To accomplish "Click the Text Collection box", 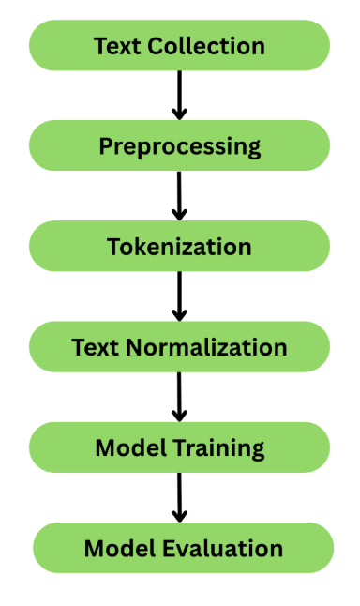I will tap(179, 45).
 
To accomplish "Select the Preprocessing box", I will tap(179, 146).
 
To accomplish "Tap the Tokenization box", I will tap(179, 247).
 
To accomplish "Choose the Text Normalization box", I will tap(179, 347).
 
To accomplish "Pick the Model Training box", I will tap(179, 447).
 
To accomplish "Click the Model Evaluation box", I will tap(183, 548).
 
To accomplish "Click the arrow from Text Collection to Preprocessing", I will tap(180, 95).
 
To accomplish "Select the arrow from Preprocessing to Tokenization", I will tap(180, 195).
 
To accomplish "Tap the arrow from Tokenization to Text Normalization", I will tap(180, 296).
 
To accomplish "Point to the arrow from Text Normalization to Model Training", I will tap(180, 397).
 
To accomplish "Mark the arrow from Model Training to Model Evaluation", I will tap(180, 497).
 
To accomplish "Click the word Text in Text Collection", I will tap(114, 45).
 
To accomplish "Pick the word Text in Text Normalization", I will tap(95, 347).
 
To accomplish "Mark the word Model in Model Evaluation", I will tap(115, 548).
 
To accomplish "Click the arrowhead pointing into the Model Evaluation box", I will tap(180, 515).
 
